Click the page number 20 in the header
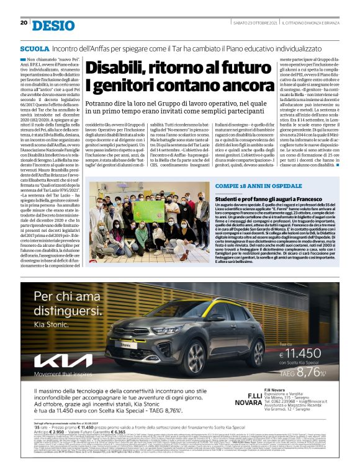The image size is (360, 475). point(24,22)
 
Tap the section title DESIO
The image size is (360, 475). point(53,25)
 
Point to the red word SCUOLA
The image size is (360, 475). point(35,48)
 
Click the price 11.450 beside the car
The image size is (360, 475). point(308,350)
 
